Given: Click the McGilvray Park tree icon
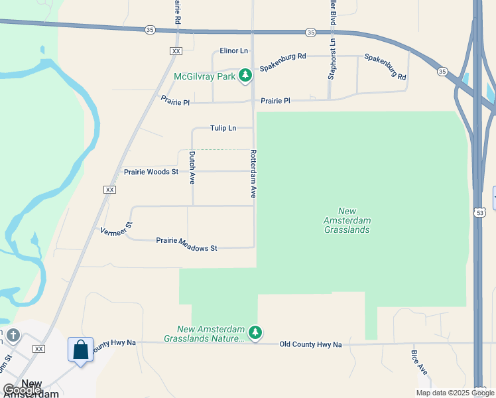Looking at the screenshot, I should click(245, 76).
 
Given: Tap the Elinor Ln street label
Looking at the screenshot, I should click(234, 51).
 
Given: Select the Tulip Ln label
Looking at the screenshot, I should click(223, 128).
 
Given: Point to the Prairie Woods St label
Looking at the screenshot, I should click(151, 172).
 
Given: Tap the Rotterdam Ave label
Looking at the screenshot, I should click(253, 174).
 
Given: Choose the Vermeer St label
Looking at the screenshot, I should click(117, 227).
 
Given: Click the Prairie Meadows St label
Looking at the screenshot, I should click(186, 244).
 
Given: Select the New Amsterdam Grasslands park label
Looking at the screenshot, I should click(347, 220).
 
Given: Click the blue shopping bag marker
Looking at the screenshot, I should click(80, 349).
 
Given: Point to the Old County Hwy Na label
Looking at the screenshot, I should click(310, 344).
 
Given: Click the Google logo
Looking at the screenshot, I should click(22, 390).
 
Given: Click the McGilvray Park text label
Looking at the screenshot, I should click(205, 77).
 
